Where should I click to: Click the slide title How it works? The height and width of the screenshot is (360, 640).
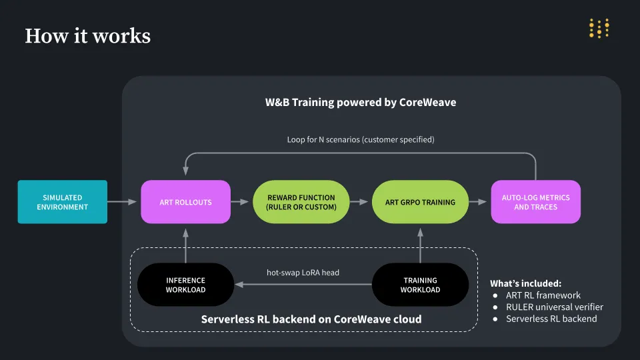coord(87,35)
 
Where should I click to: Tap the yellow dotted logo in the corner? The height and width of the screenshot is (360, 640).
coord(599,29)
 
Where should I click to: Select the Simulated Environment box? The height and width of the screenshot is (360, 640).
coord(63,202)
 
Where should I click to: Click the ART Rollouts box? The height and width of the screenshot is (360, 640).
coord(185,202)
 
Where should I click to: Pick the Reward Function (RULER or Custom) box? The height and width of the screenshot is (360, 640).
coord(301,202)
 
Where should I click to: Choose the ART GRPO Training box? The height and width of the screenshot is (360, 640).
coord(420,202)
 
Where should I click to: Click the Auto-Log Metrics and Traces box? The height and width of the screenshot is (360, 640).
coord(535,202)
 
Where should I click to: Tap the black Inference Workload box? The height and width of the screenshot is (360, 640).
coord(185,285)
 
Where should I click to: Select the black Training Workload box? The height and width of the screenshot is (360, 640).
coord(420,285)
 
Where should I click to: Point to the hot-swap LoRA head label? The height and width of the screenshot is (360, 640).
coord(303,273)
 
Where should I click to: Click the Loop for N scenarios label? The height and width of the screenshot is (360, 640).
coord(360,140)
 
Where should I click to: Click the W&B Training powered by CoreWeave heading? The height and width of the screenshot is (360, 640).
coord(360,103)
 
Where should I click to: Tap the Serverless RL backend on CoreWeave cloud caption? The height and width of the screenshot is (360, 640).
coord(311,319)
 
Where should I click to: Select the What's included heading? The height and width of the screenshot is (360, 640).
coord(525,283)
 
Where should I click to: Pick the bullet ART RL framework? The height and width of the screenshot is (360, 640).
coord(543,295)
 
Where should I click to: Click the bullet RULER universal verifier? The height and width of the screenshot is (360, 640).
coord(554,307)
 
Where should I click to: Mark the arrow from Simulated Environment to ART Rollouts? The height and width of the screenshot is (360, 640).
coord(123,201)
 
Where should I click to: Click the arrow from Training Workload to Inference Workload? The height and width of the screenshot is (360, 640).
coord(303,285)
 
